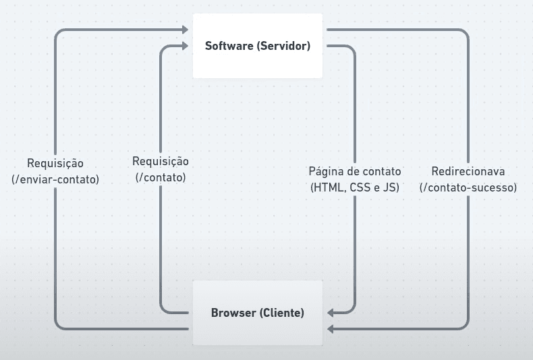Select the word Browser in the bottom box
coord(233,313)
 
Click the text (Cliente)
coord(282,313)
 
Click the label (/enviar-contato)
coord(55,179)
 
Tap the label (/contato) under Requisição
coord(161,178)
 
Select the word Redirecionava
coord(468,171)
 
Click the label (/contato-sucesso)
coord(468,187)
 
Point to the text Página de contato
coord(354,171)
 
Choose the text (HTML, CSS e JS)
coord(354,187)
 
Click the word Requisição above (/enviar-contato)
coord(55,163)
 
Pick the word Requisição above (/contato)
coord(161,162)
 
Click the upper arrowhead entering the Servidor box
coord(184,30)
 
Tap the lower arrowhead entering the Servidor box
coord(184,47)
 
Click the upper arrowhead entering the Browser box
coord(331,313)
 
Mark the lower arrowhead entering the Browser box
coord(331,329)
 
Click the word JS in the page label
coord(391,187)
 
